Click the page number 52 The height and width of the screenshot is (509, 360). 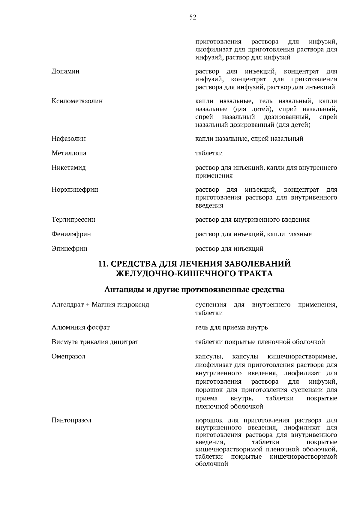[x=193, y=17]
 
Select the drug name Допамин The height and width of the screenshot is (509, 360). [x=65, y=71]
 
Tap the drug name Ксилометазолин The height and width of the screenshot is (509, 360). [x=77, y=101]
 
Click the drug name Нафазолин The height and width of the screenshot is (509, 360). [x=68, y=139]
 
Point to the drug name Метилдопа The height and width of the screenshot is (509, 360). [x=69, y=153]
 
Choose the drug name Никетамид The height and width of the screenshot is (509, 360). [x=68, y=168]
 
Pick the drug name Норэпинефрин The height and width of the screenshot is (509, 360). [x=75, y=190]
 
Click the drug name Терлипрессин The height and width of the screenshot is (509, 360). [x=73, y=220]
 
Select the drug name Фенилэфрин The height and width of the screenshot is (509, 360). [x=71, y=234]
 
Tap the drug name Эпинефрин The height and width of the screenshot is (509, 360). [x=69, y=249]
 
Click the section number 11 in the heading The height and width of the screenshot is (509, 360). [x=103, y=264]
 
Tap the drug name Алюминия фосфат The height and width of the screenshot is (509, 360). [x=80, y=327]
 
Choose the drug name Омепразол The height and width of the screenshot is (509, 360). [x=68, y=356]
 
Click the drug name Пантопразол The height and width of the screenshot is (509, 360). [x=71, y=420]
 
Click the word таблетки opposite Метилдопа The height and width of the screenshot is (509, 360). [x=209, y=153]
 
